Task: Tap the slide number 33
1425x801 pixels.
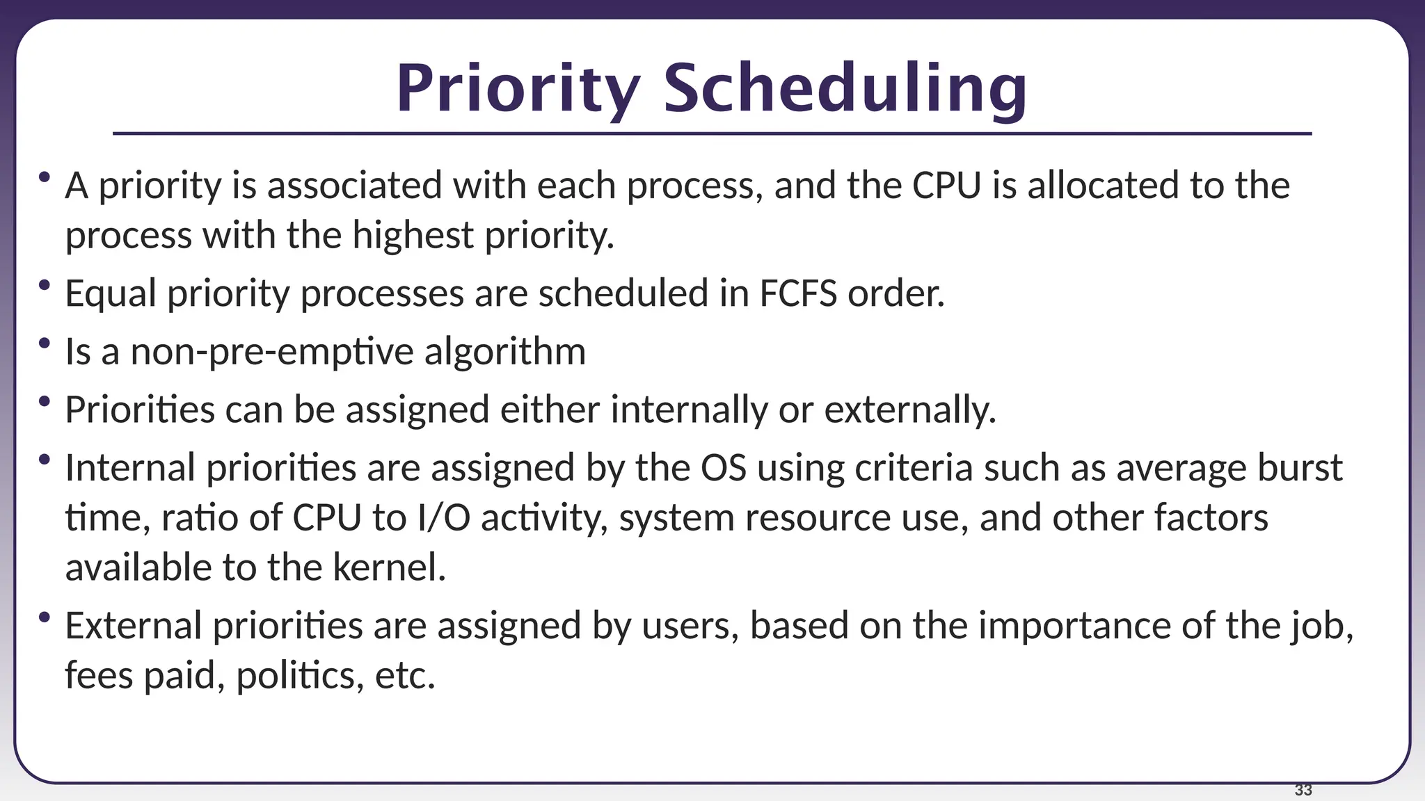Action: (x=1303, y=790)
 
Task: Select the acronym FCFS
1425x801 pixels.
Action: (x=798, y=293)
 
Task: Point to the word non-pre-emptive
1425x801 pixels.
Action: (x=272, y=351)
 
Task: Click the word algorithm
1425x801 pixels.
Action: (x=505, y=351)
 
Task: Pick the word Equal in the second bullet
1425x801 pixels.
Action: (x=111, y=293)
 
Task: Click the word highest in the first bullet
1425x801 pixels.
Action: (x=413, y=235)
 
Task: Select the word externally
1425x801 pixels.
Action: (x=910, y=410)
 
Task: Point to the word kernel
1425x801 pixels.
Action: (x=389, y=567)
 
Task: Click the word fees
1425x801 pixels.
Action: (x=99, y=675)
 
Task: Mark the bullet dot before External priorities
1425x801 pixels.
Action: (x=45, y=617)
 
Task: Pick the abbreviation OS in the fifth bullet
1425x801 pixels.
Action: (x=723, y=468)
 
